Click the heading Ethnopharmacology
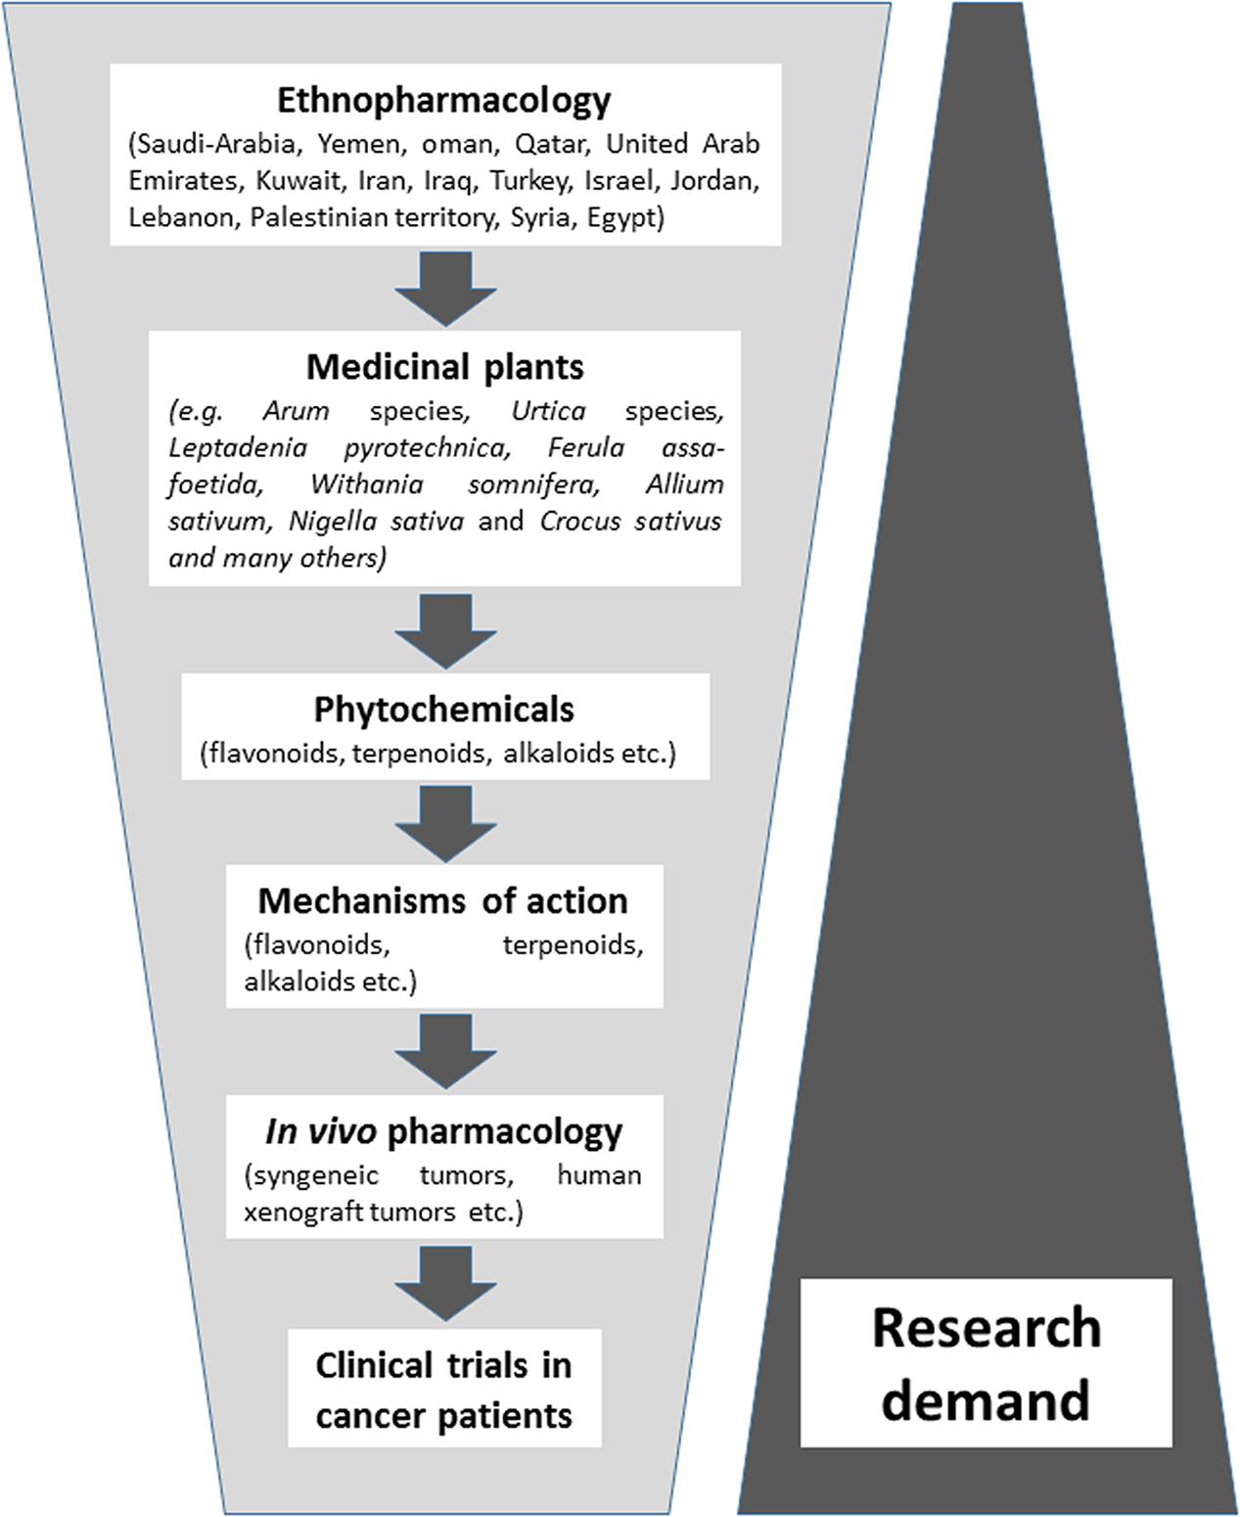click(443, 100)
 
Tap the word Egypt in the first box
click(624, 217)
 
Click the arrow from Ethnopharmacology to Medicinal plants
click(445, 288)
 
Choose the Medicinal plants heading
click(444, 367)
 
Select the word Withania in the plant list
click(367, 484)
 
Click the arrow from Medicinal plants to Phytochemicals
click(445, 631)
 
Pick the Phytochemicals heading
click(443, 710)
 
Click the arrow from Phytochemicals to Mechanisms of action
click(445, 824)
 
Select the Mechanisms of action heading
click(443, 900)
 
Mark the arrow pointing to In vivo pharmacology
click(445, 1050)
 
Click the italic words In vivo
click(320, 1131)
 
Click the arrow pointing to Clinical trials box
click(445, 1283)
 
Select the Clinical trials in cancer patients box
click(444, 1389)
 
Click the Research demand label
click(986, 1362)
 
